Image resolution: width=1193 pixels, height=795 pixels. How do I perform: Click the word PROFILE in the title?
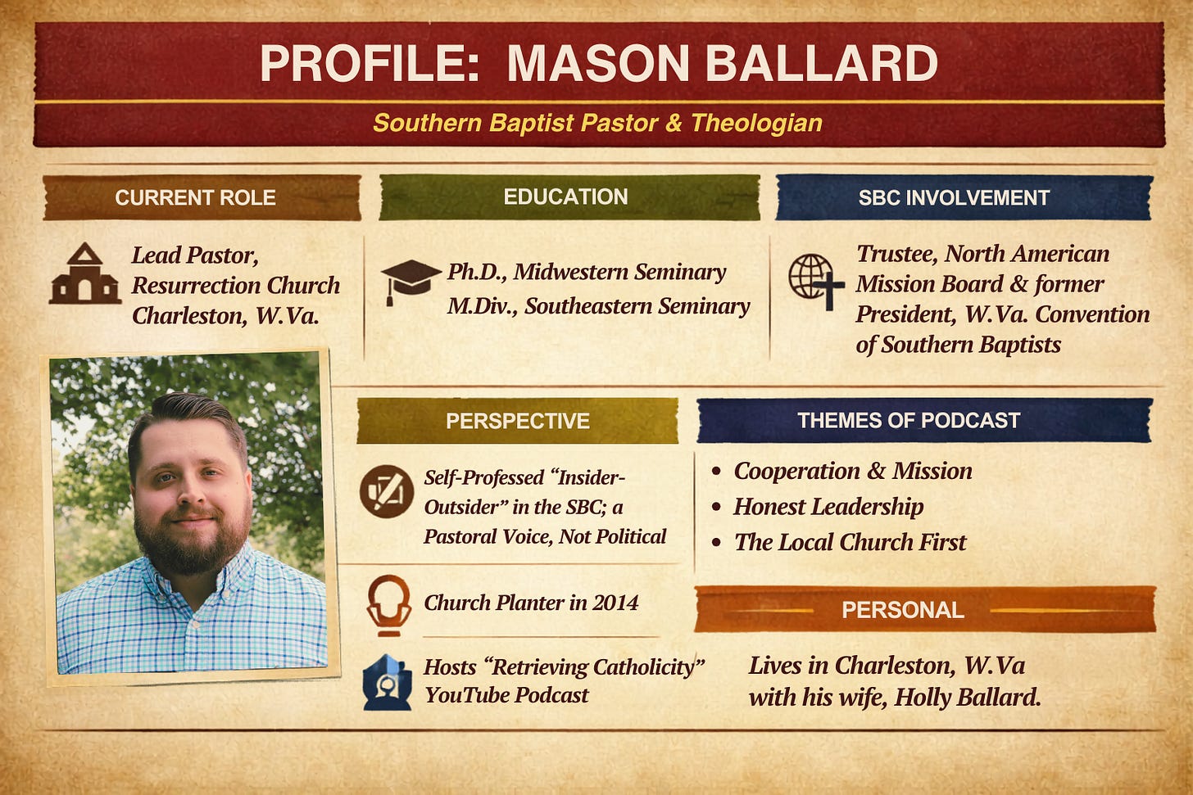(x=369, y=63)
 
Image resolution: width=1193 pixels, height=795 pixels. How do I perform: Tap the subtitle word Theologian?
(x=756, y=123)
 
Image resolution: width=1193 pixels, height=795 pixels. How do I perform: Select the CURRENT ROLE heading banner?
(x=202, y=198)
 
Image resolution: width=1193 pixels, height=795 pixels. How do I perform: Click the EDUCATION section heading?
(x=569, y=197)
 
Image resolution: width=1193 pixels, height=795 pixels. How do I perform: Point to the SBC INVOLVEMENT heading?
(x=964, y=197)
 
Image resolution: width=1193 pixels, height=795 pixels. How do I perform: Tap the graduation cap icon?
(x=411, y=282)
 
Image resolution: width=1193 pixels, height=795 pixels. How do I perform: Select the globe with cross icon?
(x=816, y=282)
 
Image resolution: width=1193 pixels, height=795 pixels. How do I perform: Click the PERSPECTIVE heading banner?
(x=518, y=421)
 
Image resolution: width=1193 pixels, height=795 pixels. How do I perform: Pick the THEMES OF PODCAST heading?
(x=924, y=420)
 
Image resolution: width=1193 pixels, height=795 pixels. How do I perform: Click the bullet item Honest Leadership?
(x=828, y=507)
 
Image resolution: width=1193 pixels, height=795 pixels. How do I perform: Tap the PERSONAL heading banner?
(x=925, y=610)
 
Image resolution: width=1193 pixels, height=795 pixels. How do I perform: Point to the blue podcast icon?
(x=388, y=682)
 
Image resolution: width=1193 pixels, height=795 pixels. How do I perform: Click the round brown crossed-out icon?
(x=387, y=492)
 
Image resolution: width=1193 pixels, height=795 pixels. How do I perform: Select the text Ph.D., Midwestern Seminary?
(x=587, y=273)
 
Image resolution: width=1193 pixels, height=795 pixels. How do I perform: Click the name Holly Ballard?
(x=967, y=698)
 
